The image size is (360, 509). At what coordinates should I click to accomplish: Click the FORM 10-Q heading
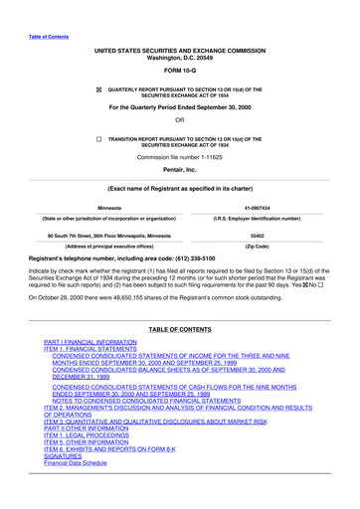179,71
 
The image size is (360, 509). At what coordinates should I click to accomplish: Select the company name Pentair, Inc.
179,171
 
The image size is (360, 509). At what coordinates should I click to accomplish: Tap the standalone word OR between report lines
179,122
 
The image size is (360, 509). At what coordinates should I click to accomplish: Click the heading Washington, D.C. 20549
179,56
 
